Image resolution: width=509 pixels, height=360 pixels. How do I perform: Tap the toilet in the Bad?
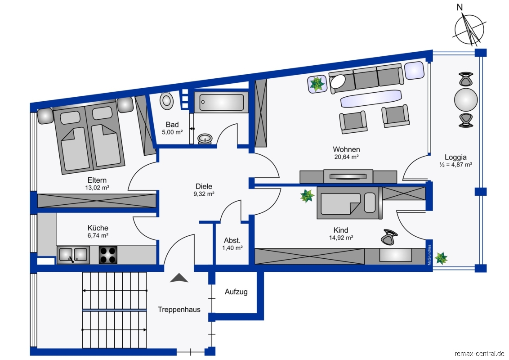(166, 100)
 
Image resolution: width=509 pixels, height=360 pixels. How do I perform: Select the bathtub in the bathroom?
(221, 102)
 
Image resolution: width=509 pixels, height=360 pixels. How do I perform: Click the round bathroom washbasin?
(205, 139)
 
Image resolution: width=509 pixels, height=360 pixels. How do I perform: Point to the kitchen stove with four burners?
(108, 255)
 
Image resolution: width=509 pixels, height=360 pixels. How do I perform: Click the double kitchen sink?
(73, 255)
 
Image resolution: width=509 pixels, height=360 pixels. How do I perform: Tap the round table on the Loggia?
(466, 100)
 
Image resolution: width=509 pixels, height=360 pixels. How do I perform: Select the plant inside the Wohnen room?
(317, 84)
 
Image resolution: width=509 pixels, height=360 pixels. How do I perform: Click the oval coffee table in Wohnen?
(371, 98)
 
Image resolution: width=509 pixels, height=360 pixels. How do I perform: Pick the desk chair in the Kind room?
(389, 237)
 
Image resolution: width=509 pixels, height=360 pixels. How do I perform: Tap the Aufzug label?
(236, 292)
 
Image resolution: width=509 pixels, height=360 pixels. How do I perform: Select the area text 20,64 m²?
(346, 157)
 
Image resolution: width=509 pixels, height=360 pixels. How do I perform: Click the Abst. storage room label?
(232, 240)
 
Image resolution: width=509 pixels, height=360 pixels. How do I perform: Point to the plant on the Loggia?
(441, 258)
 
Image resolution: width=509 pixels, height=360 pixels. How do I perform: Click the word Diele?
(204, 186)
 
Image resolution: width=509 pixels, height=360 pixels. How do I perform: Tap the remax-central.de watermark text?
(479, 354)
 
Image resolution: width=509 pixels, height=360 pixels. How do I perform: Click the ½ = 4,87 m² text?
(456, 165)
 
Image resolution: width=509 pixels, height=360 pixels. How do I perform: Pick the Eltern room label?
(97, 180)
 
